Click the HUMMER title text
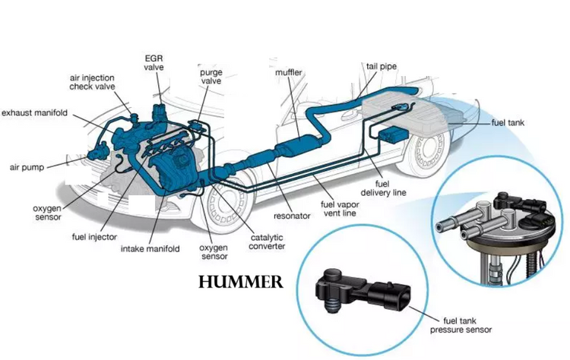241,282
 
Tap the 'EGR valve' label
154,62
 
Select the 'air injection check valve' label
92,82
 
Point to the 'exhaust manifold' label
34,113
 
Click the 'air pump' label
27,167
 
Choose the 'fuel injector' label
94,237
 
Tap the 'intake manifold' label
150,249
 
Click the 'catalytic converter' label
267,242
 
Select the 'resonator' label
292,216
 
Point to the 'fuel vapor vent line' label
340,209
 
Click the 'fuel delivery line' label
383,188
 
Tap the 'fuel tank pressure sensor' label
461,325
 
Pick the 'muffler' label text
289,72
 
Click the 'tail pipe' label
382,67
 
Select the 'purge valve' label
211,77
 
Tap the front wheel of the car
224,203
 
